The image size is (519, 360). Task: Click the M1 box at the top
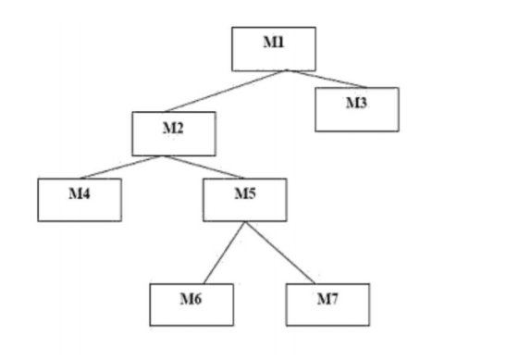coord(273,48)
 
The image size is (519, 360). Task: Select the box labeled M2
coord(174,133)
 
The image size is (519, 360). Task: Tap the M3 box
coord(356,109)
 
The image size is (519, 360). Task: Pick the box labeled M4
coord(80,199)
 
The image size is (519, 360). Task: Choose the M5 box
coord(244,199)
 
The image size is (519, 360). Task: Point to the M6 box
coord(192,304)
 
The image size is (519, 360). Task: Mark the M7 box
coord(327,304)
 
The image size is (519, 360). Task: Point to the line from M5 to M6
coord(224,252)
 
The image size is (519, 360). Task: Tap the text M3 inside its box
coord(356,102)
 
